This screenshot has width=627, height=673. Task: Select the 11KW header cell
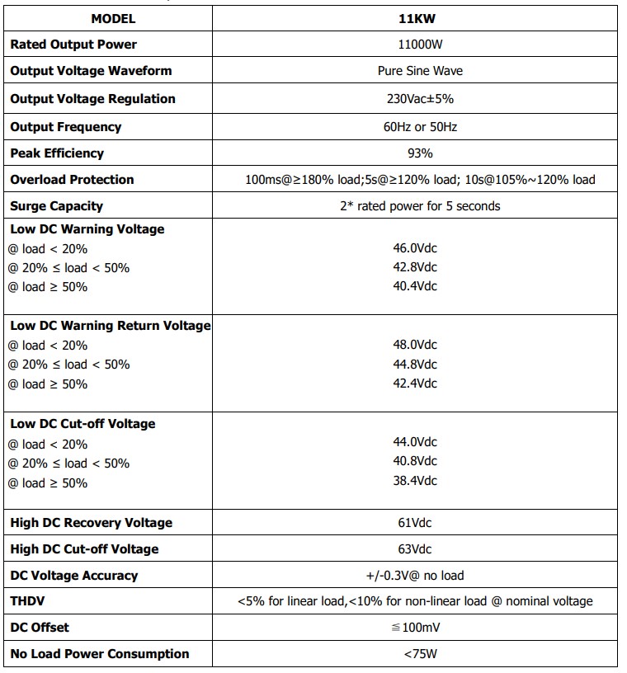415,18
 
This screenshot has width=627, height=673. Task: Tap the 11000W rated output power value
415,45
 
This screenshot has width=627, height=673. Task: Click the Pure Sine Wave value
415,71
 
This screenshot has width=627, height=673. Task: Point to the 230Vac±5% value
415,99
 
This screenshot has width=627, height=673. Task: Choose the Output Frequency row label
66,127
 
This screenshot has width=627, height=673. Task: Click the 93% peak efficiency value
415,153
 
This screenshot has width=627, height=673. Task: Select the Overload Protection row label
72,180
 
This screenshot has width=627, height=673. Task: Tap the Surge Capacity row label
57,206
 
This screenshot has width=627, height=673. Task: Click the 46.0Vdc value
415,247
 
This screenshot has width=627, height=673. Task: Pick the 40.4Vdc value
415,286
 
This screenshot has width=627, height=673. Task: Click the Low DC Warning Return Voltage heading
111,326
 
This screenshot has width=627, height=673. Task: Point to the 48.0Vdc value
415,345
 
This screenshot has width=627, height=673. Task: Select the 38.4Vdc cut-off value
415,481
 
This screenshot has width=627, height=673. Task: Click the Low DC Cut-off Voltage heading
82,424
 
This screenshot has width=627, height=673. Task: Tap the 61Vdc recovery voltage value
415,523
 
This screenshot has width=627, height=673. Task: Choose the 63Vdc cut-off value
415,549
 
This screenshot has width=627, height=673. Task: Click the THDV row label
28,601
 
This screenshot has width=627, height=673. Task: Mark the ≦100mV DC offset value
415,628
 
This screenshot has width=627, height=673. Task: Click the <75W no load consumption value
415,654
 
